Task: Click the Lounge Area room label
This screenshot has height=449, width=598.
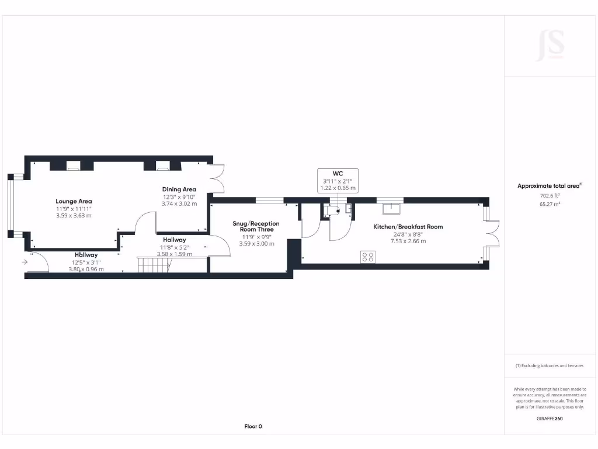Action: pyautogui.click(x=74, y=201)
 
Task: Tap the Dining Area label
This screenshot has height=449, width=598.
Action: pyautogui.click(x=179, y=189)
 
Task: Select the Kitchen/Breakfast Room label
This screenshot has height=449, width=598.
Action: pyautogui.click(x=408, y=227)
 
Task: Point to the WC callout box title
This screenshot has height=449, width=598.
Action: pyautogui.click(x=337, y=174)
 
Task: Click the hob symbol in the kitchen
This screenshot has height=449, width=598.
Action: pyautogui.click(x=367, y=257)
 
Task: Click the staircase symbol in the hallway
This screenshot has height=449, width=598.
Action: pyautogui.click(x=154, y=264)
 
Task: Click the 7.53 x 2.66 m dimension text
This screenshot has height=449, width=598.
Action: pyautogui.click(x=408, y=241)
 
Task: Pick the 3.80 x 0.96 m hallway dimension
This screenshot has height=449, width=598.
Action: pyautogui.click(x=86, y=269)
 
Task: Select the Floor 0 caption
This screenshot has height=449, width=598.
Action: pyautogui.click(x=253, y=427)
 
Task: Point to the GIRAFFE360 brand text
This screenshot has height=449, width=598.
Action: pyautogui.click(x=550, y=419)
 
